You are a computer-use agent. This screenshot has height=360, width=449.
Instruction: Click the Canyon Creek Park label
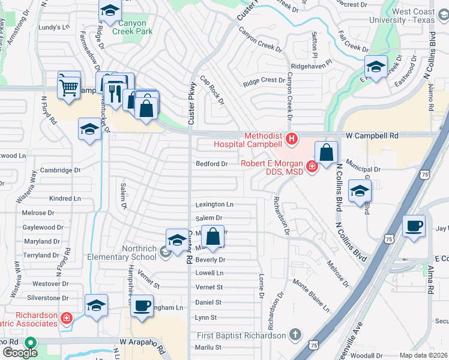point(135,28)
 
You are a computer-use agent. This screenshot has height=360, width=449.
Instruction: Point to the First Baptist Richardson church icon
point(295,334)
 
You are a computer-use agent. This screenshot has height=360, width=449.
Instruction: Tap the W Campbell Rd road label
point(376,136)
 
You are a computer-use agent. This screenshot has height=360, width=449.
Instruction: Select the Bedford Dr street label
point(212,164)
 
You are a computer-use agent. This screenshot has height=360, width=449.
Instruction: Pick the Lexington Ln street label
point(214,205)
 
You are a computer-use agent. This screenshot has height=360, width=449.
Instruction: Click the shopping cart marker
point(68,86)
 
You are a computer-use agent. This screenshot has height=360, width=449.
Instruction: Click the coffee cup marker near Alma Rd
point(414,226)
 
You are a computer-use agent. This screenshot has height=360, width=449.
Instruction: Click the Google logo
point(20,352)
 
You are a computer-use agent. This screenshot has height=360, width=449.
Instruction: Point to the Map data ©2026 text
point(423,355)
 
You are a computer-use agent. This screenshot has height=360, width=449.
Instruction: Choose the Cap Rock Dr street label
point(212,89)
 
